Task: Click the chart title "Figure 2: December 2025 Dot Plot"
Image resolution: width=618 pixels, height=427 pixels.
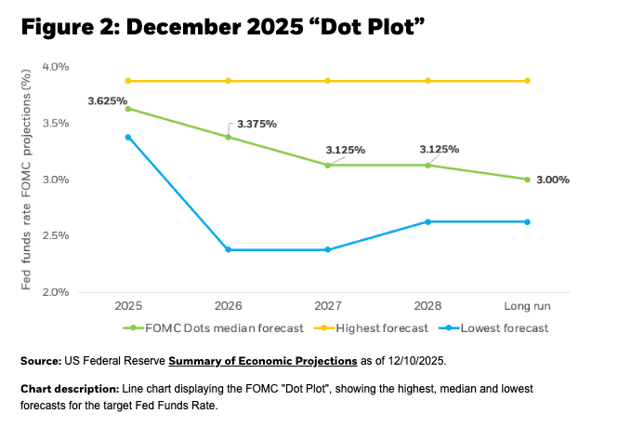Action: pos(222,27)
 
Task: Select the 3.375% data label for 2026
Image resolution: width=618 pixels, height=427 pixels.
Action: pos(257,123)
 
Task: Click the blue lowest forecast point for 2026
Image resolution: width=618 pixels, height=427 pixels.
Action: pos(228,249)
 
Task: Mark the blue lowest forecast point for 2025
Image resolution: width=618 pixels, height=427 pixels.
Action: pos(128,137)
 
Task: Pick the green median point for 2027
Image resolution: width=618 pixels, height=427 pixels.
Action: pos(328,166)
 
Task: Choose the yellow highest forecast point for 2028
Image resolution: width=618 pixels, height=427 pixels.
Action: pos(427,81)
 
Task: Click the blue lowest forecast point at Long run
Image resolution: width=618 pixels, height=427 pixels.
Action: pos(527,221)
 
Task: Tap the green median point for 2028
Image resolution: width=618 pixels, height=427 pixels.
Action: pos(427,166)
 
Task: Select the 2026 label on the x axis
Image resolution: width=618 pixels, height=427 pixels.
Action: pos(228,304)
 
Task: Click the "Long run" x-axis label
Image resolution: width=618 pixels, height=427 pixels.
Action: pos(527,304)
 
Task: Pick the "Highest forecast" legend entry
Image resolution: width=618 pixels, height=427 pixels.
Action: pos(375,327)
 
